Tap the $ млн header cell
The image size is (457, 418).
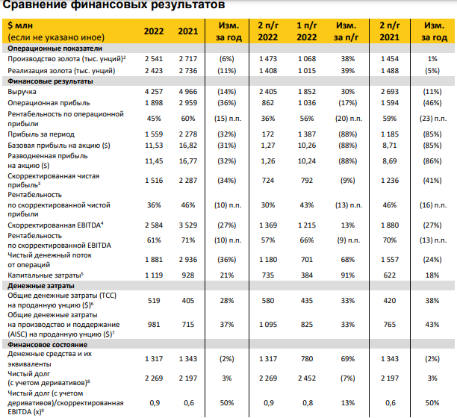[x=23, y=25]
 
